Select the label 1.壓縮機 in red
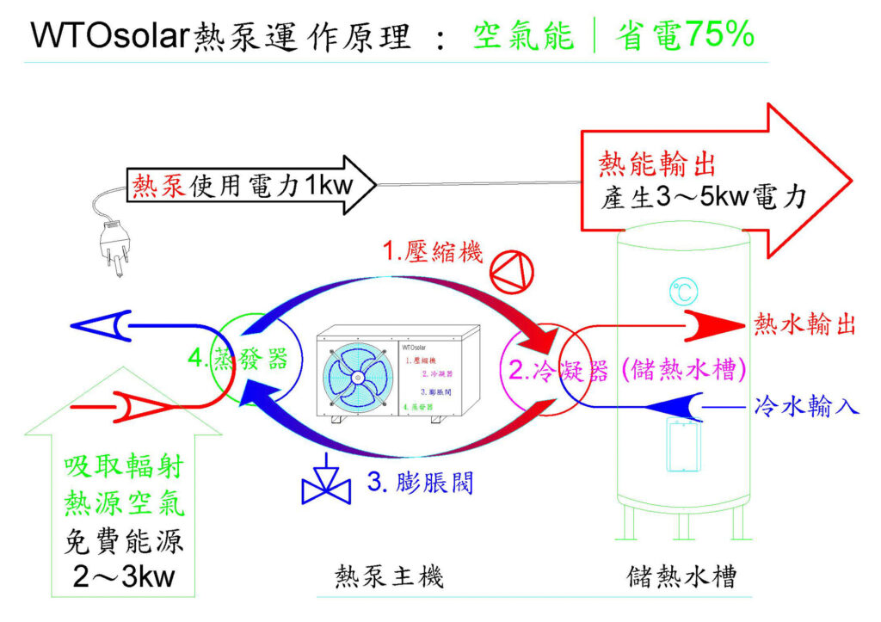433,251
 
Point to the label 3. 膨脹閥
420,482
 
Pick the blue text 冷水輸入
807,405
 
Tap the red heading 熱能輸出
656,164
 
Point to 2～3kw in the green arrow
124,575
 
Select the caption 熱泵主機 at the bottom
389,576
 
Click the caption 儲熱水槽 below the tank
681,576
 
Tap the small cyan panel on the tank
682,445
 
